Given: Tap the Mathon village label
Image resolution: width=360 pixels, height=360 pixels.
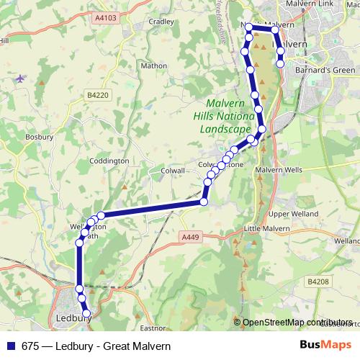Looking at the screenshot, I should [x=153, y=66].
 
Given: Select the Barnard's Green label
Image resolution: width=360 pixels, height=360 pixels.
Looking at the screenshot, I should [x=313, y=71].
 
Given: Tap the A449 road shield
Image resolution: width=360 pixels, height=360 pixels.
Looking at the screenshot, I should [x=190, y=237].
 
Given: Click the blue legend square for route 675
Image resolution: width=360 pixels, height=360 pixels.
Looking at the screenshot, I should [x=11, y=345].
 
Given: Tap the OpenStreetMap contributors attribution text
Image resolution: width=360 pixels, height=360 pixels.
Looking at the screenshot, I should [x=297, y=322].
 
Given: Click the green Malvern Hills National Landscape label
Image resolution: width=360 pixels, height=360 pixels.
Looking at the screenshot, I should [x=225, y=116].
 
